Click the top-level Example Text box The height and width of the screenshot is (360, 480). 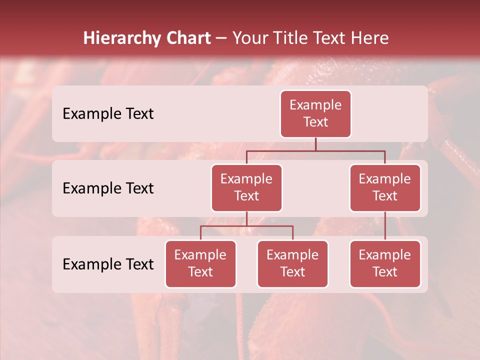pos(315,113)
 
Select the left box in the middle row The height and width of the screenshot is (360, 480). pos(246,187)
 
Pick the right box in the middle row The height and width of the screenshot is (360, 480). pos(385,187)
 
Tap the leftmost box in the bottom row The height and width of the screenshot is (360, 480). pos(200,263)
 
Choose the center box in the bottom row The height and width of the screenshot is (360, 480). pos(292,263)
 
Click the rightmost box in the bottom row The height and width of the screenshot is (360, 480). pos(385,263)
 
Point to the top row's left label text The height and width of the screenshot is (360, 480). pos(108,113)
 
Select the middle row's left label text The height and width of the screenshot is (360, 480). pos(108,188)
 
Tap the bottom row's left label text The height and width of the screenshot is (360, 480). pos(108,264)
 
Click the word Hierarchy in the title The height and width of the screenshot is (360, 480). pos(120,38)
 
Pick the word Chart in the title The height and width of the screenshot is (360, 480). pos(187,38)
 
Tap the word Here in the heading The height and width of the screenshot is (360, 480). pos(370,38)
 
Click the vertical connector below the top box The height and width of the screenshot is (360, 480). pos(315,144)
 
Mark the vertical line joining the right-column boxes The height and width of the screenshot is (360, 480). pos(385,226)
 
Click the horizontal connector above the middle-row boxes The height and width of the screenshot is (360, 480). pos(315,150)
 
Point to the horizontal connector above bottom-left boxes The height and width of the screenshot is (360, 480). pos(246,226)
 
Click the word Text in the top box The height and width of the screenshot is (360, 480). pos(315,122)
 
